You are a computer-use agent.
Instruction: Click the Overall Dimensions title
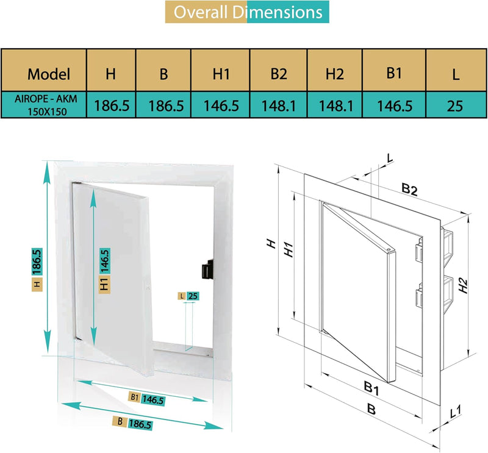point(246,12)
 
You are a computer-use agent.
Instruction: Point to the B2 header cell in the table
point(279,74)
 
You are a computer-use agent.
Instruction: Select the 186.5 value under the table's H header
point(111,105)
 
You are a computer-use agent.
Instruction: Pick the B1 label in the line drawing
point(371,386)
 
